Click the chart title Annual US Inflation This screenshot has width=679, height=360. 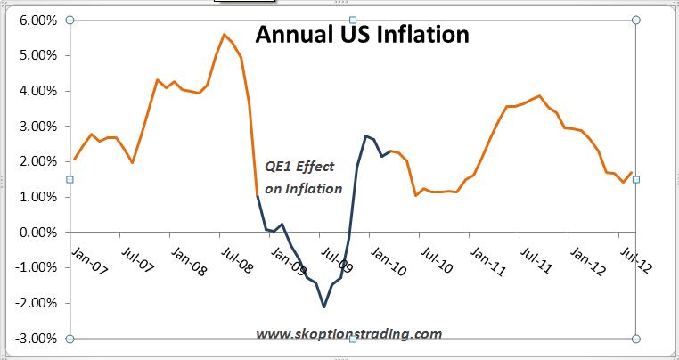(x=362, y=36)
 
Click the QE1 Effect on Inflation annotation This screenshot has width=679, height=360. (x=303, y=177)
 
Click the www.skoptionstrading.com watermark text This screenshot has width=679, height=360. (x=348, y=334)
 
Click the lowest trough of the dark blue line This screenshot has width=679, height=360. (x=323, y=307)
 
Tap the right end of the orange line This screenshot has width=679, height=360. (x=632, y=173)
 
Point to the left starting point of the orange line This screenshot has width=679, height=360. (x=74, y=160)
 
